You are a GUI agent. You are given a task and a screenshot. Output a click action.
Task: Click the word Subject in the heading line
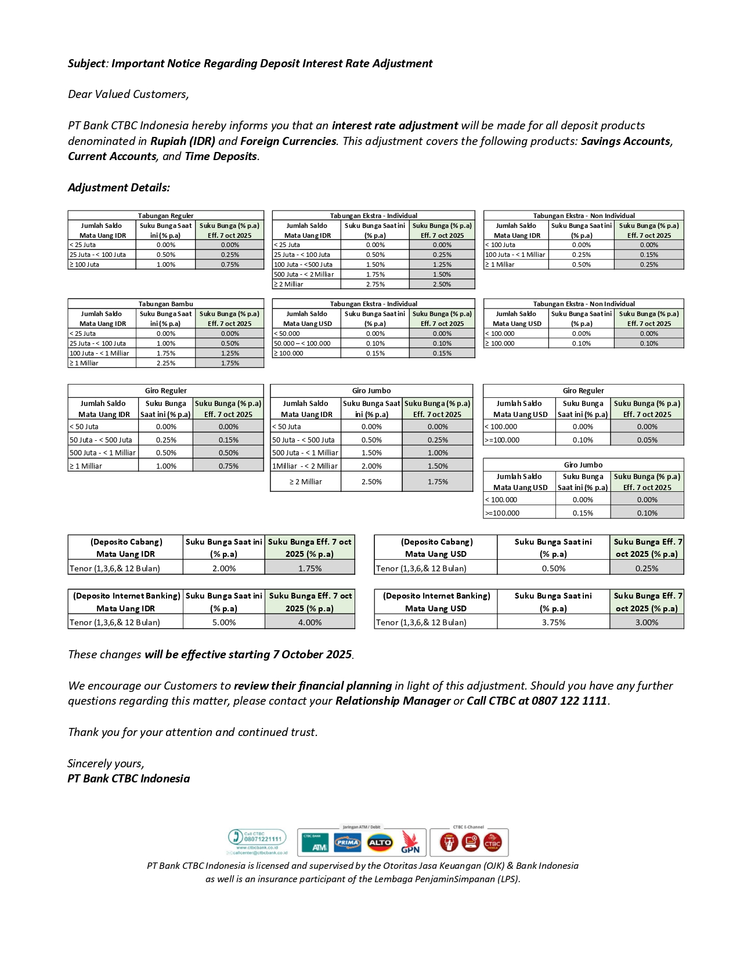(x=85, y=64)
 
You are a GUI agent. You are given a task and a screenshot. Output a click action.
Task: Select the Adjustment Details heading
(x=118, y=187)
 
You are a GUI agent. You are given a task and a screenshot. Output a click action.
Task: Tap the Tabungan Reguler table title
(x=165, y=216)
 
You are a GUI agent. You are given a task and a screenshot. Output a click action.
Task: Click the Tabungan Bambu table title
(x=165, y=304)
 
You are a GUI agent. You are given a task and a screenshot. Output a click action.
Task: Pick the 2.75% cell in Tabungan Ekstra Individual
(x=375, y=284)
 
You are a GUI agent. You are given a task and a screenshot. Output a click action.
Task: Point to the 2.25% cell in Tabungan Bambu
(x=165, y=363)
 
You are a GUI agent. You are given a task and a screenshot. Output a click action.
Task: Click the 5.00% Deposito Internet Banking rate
(x=223, y=622)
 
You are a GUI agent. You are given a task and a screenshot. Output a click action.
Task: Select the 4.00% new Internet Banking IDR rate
(x=309, y=622)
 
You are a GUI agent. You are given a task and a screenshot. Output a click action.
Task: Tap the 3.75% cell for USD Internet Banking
(x=553, y=622)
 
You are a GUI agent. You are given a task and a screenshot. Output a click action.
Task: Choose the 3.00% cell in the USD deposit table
(x=647, y=622)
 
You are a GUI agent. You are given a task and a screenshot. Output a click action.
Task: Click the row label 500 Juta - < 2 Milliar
(x=304, y=274)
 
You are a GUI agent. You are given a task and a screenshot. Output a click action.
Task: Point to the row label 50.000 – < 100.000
(x=302, y=343)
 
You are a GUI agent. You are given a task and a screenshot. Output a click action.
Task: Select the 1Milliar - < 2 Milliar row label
(x=305, y=466)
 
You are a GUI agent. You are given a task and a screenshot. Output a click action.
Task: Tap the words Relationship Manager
(x=393, y=701)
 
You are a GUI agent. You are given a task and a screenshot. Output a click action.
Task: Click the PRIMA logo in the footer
(x=347, y=842)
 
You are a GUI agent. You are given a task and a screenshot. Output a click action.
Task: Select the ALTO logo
(x=380, y=842)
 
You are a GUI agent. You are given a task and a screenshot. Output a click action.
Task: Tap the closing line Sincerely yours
(x=106, y=763)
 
